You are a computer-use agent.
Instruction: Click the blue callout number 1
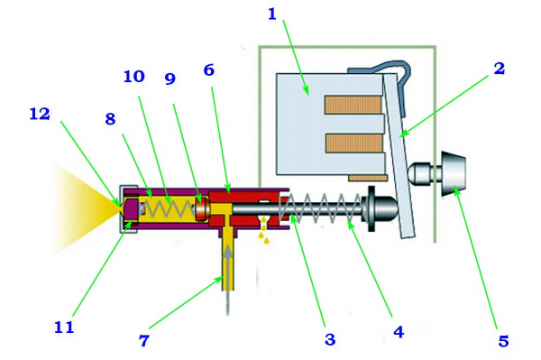point(272,14)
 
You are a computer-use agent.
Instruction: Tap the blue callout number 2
point(499,69)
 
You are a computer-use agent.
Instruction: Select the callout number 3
point(330,339)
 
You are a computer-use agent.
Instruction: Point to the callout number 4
point(399,332)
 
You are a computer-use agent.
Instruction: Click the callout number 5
point(503,341)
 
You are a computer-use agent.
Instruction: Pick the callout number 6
point(209,70)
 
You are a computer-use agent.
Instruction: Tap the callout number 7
point(144,340)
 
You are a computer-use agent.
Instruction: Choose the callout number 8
point(110,119)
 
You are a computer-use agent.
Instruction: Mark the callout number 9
point(170,78)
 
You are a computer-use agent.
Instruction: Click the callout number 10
point(133,77)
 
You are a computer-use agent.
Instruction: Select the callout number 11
point(64,327)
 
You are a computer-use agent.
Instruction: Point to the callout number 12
point(40,114)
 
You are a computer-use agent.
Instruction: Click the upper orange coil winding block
point(353,105)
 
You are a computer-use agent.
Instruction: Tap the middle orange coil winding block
point(354,143)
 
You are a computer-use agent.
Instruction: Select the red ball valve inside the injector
point(201,208)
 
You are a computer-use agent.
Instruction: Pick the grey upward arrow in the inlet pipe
point(228,280)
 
